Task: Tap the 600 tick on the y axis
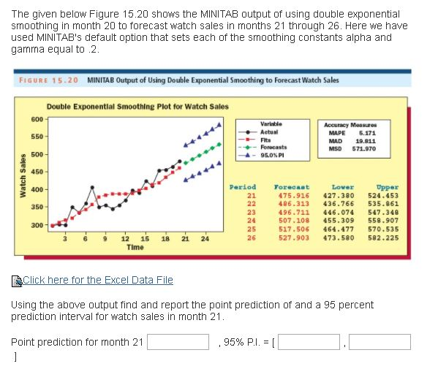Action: click(x=36, y=119)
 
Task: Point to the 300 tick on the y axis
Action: click(x=36, y=224)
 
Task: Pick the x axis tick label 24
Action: click(x=205, y=239)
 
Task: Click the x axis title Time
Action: click(x=135, y=248)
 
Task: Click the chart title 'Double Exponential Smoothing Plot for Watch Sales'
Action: click(x=137, y=106)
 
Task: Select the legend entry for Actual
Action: click(x=268, y=132)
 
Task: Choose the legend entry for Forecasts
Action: click(x=273, y=146)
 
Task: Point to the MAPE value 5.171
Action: click(x=367, y=133)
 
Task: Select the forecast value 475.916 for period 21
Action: click(x=294, y=195)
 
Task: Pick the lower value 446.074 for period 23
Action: click(x=339, y=212)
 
